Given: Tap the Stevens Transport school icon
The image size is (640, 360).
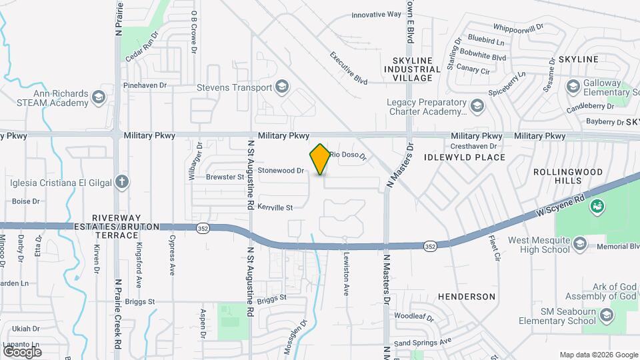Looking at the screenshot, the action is click(x=282, y=87).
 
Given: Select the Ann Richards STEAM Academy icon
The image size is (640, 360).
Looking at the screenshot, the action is click(x=99, y=98).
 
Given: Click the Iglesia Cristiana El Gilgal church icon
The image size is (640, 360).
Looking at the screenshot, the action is click(x=121, y=181).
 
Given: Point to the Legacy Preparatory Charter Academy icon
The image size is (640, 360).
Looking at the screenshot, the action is click(x=477, y=106).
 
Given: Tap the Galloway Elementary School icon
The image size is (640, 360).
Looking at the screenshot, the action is click(x=573, y=87).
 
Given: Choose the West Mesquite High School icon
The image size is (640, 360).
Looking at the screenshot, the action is click(x=579, y=244).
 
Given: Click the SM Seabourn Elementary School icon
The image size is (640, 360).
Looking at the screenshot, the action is click(x=605, y=316).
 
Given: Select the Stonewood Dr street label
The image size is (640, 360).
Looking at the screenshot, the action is click(x=281, y=171).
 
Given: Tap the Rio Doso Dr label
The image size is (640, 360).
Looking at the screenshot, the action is click(x=348, y=155).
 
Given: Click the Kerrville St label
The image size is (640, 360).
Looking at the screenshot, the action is click(x=275, y=208).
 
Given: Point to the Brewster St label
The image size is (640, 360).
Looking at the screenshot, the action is click(x=225, y=177).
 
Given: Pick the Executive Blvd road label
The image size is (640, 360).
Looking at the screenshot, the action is click(x=349, y=67).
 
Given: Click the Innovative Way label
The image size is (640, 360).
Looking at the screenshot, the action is click(x=377, y=14).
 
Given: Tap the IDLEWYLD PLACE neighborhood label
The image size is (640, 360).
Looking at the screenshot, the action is click(x=465, y=157).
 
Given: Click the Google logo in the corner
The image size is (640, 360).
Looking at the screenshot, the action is click(x=22, y=351).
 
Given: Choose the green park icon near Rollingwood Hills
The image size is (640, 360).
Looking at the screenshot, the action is click(x=596, y=207).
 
